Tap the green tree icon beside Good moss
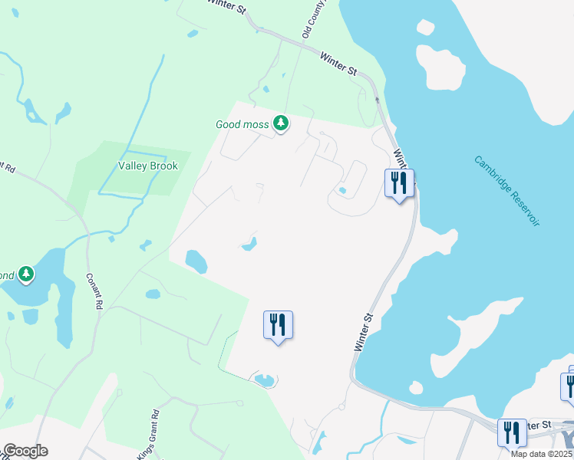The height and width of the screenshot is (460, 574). [282, 123]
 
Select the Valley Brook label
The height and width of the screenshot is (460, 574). [148, 166]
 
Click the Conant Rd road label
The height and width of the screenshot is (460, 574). [94, 291]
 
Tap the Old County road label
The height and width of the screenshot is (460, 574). [315, 18]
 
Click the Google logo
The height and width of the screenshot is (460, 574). [25, 451]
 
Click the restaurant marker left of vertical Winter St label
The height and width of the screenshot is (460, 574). [279, 325]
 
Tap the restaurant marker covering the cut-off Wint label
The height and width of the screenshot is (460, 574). [399, 184]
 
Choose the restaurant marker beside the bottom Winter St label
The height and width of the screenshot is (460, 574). [512, 432]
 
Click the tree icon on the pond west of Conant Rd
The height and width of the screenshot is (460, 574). [26, 274]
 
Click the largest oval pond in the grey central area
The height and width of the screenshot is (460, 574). [196, 261]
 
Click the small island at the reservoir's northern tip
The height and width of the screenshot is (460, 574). [425, 27]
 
